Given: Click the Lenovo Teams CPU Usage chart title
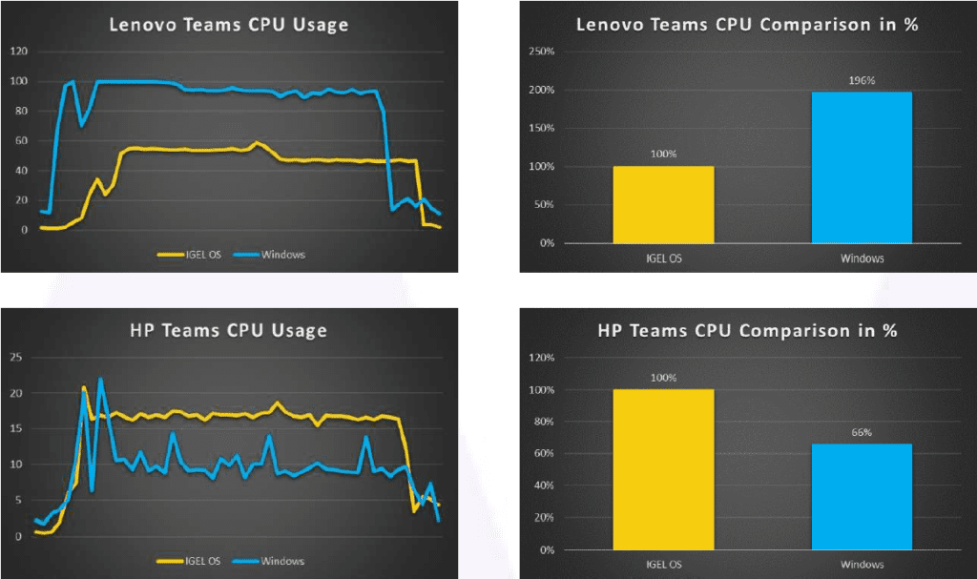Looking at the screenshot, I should tap(228, 24).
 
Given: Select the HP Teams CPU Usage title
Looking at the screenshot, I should tap(228, 331).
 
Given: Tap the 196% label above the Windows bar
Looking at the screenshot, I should tap(862, 80).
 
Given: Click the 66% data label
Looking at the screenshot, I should tap(862, 432).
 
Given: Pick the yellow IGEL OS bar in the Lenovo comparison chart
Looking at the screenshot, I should tap(663, 204).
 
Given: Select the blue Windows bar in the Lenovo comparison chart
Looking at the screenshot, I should tap(862, 167).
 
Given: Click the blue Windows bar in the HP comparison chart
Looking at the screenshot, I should tap(862, 496).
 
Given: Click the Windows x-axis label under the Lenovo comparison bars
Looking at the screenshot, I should tap(862, 258).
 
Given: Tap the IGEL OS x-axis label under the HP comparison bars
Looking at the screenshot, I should tap(663, 565).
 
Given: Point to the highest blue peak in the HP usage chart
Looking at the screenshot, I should tap(100, 380).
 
